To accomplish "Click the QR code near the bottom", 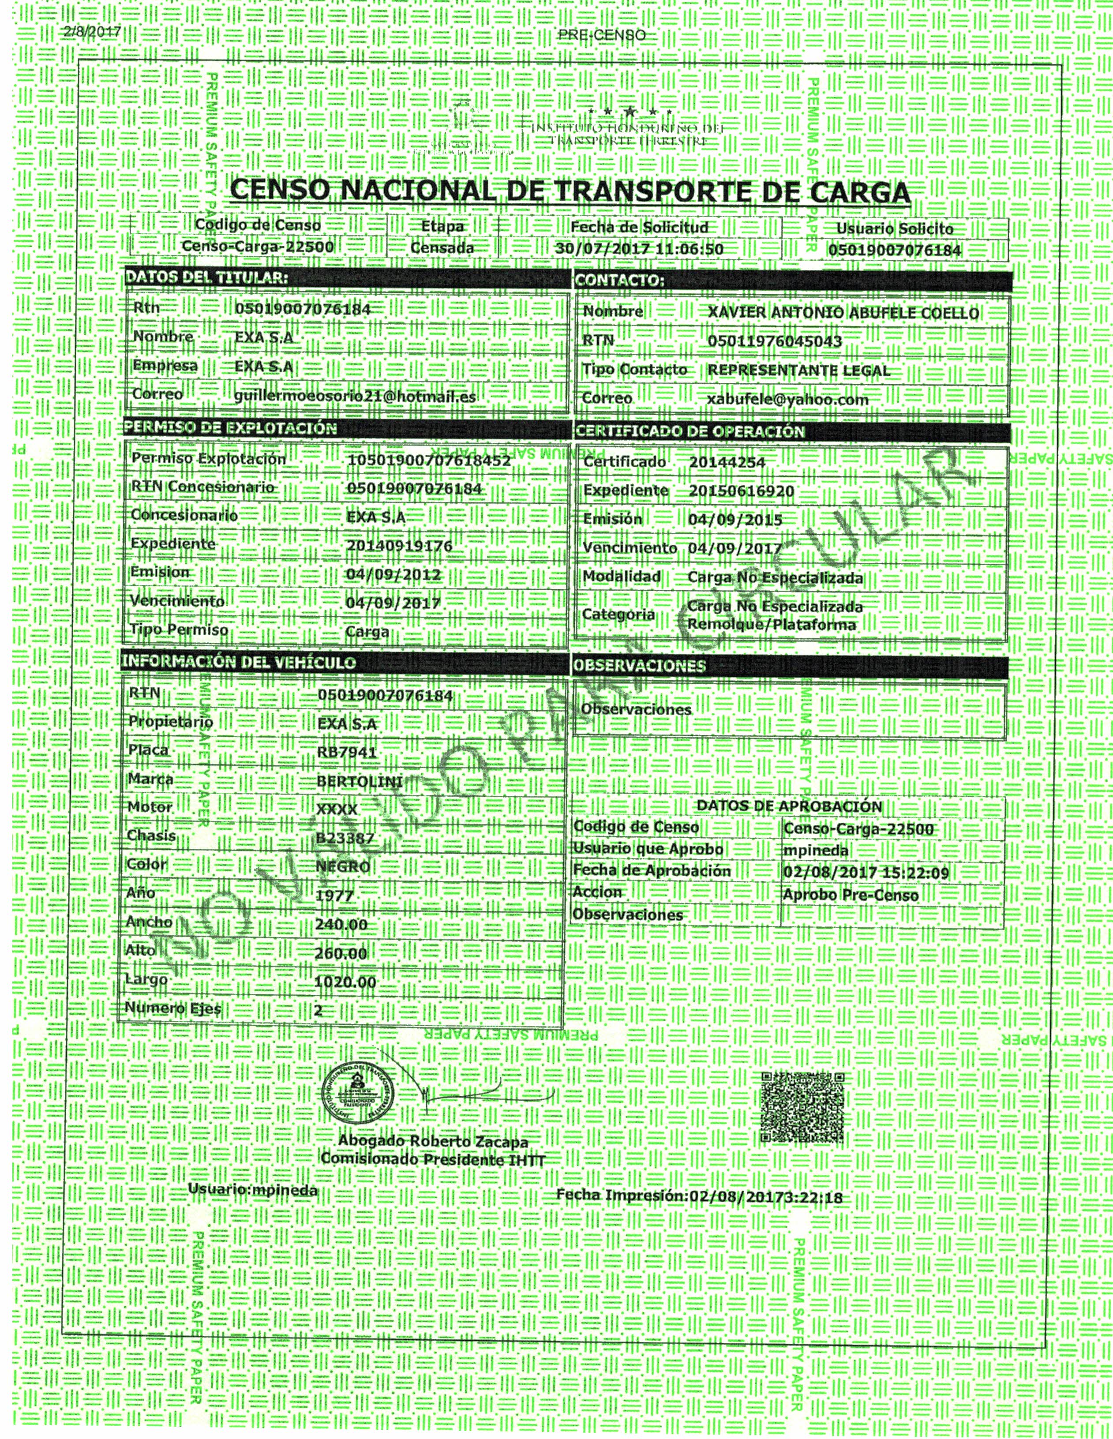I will point(802,1108).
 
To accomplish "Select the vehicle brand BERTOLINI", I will point(359,781).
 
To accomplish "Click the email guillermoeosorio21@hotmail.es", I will point(355,397).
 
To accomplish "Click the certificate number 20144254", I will point(727,462).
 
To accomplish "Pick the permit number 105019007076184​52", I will point(428,460).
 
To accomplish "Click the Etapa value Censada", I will point(442,248).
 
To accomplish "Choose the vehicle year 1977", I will point(335,896).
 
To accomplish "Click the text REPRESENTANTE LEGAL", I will point(798,370).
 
